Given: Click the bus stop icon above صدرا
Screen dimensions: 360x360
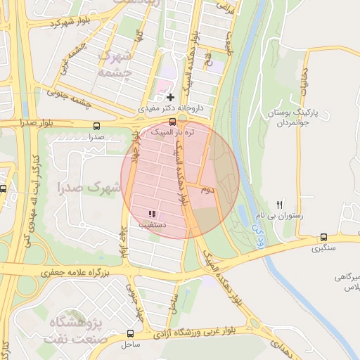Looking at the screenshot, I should (x=96, y=126).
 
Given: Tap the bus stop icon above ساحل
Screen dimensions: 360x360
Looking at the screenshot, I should (x=130, y=333).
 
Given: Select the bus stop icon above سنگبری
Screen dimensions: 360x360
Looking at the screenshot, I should (x=323, y=237).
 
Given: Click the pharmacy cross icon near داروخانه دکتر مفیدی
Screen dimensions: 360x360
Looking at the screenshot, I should (x=169, y=96).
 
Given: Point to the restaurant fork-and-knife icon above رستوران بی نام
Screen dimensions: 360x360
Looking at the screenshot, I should (x=280, y=205).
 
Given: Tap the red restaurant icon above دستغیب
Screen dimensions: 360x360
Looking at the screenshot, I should (x=152, y=214).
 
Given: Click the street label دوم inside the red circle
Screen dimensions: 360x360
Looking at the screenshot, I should (x=207, y=190).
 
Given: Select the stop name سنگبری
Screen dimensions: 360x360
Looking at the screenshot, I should (x=323, y=248).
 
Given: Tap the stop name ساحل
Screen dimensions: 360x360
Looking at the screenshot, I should (x=130, y=345).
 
